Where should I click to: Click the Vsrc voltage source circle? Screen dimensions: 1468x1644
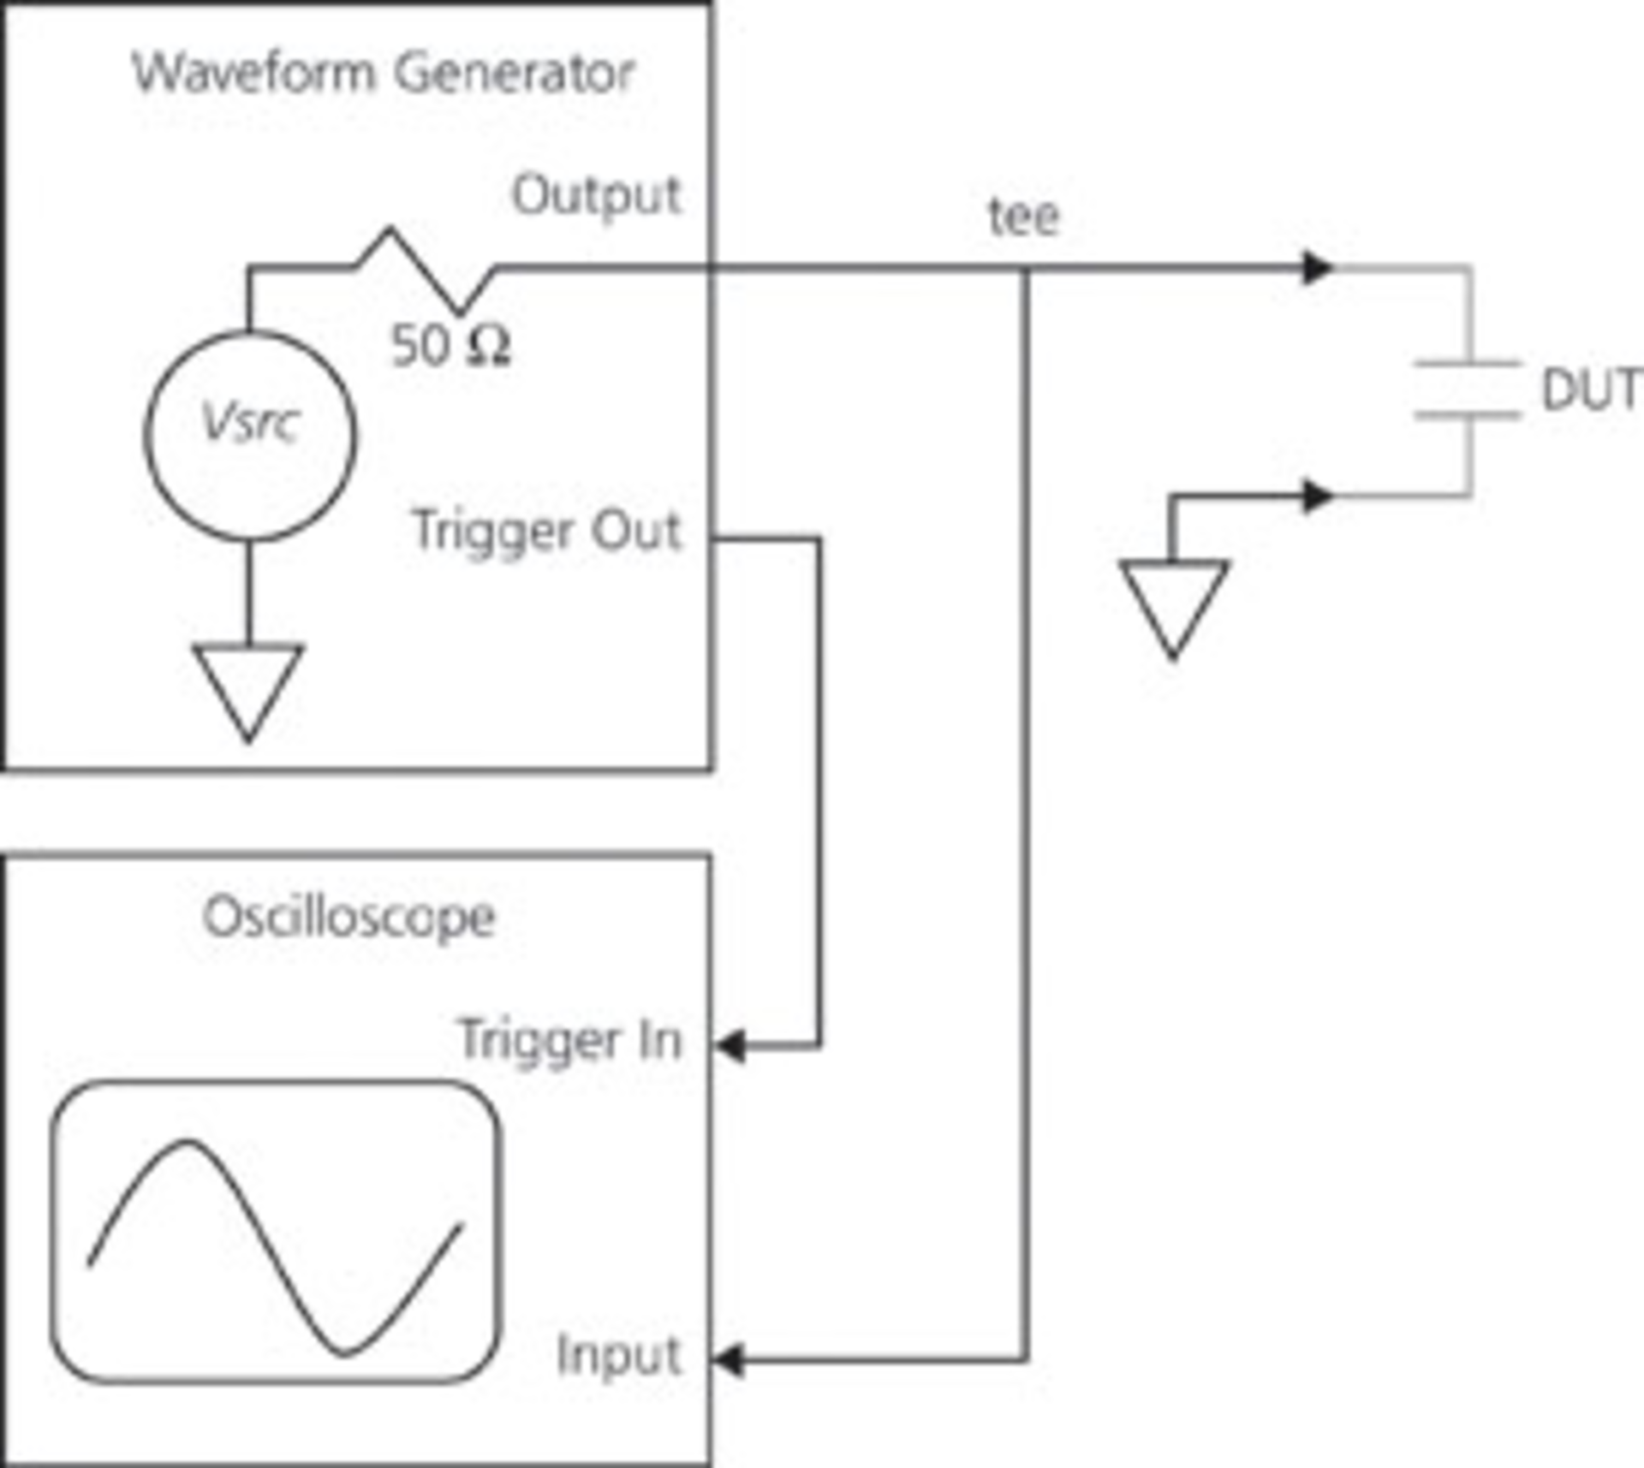pyautogui.click(x=249, y=435)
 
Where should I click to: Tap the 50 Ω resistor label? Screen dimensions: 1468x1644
pyautogui.click(x=450, y=347)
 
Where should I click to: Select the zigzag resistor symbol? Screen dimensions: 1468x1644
pyautogui.click(x=424, y=270)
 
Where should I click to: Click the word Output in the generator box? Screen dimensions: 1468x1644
pyautogui.click(x=596, y=196)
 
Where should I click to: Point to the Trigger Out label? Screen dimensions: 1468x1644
pyautogui.click(x=546, y=531)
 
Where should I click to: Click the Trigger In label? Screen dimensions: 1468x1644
pyautogui.click(x=570, y=1040)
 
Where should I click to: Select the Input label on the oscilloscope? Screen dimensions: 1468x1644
pyautogui.click(x=618, y=1355)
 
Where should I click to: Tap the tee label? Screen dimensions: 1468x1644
pyautogui.click(x=1024, y=217)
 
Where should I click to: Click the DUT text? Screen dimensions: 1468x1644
pyautogui.click(x=1591, y=390)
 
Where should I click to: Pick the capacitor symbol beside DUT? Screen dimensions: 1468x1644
pyautogui.click(x=1468, y=390)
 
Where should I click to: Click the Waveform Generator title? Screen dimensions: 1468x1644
pyautogui.click(x=384, y=73)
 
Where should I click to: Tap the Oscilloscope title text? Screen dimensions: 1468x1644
pyautogui.click(x=349, y=918)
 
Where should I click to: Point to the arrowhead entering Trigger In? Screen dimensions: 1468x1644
pyautogui.click(x=730, y=1045)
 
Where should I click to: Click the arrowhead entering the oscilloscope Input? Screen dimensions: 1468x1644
pyautogui.click(x=730, y=1359)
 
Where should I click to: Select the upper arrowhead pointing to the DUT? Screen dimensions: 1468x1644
pyautogui.click(x=1317, y=268)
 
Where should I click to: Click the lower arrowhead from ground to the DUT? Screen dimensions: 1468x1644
pyautogui.click(x=1317, y=496)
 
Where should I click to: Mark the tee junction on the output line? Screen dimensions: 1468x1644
pyautogui.click(x=1026, y=270)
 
